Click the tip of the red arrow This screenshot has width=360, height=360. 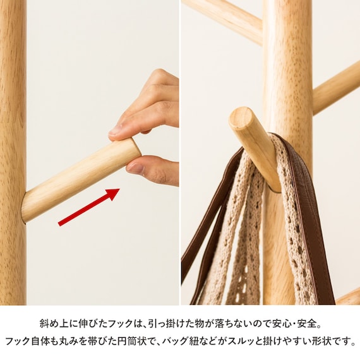pos(119,189)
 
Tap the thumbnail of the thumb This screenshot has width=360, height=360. pos(135,168)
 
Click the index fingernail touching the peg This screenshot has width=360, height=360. pos(115,131)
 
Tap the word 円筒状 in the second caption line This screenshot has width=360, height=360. pos(131,341)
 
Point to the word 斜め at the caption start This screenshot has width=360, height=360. pos(49,323)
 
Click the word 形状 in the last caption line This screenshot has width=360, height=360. pos(321,341)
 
